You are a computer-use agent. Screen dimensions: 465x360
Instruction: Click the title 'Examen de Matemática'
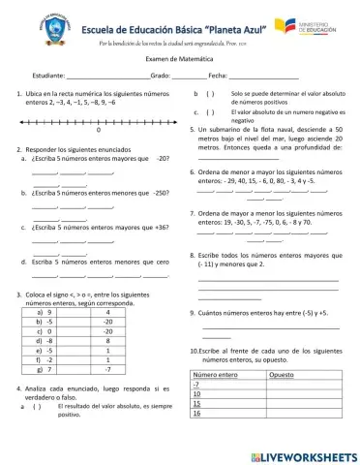click(180, 60)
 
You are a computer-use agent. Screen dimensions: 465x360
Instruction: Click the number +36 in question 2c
click(155, 227)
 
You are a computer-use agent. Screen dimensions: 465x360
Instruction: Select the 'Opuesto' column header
click(283, 375)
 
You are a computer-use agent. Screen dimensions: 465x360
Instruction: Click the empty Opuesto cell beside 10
click(299, 394)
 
